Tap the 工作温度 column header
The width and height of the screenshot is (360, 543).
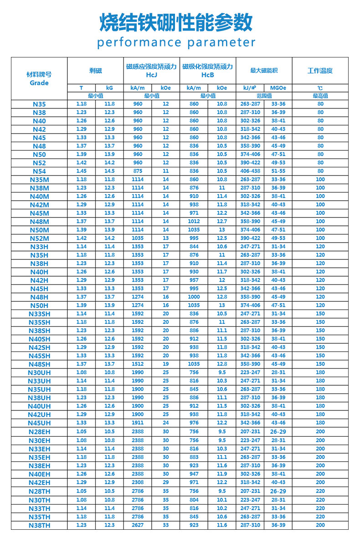pos(320,71)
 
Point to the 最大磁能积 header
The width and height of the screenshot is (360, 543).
pos(264,71)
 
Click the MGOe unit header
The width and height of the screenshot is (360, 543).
pos(278,88)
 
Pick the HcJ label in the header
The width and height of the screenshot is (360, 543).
pos(151,74)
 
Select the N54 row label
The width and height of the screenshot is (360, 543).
pos(39,171)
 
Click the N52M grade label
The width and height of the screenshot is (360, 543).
pos(39,238)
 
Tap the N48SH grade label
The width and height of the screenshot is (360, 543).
pos(39,364)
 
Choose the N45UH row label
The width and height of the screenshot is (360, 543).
pos(39,423)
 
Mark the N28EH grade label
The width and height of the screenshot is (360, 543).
pos(39,432)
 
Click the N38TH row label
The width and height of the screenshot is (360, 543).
pos(39,525)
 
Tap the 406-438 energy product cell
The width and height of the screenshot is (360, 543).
pos(250,171)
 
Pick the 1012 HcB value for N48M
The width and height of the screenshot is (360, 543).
pos(194,222)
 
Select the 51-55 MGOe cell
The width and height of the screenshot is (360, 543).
pos(278,171)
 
